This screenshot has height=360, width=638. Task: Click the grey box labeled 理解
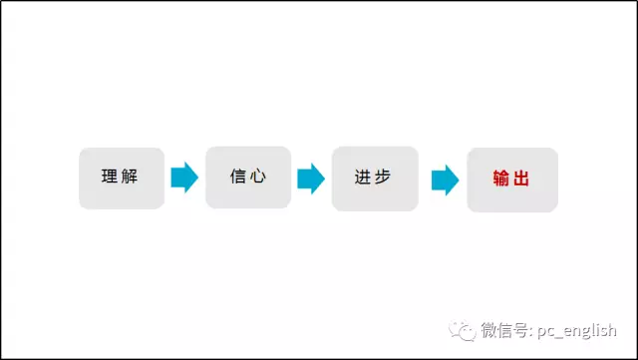pos(122,179)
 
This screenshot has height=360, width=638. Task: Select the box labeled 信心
pos(248,178)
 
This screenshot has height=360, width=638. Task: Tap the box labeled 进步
pos(375,179)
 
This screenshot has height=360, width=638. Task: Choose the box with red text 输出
pos(511,180)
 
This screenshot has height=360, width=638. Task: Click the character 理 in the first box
pos(110,178)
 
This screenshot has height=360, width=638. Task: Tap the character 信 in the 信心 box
pos(237,178)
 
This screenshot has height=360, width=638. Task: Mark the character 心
pos(258,178)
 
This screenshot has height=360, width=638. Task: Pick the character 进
pos(363,178)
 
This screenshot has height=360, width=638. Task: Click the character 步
pos(383,178)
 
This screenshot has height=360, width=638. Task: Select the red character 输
pos(501,180)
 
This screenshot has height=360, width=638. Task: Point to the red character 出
pos(521,180)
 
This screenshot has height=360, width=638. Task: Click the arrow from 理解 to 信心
pos(184,178)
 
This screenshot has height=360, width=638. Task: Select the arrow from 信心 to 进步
pos(311,179)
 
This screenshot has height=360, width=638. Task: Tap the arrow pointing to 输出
pos(445,180)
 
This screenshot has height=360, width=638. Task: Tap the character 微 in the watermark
pos(489,330)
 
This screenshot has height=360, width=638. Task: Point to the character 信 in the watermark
pos(506,330)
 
